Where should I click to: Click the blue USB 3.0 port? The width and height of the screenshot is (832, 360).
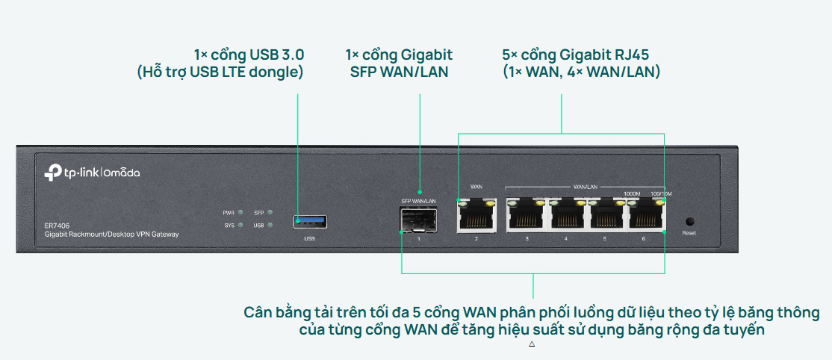(x=310, y=221)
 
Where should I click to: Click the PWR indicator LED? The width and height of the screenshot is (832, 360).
(x=240, y=213)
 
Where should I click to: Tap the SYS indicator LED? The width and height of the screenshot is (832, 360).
(x=240, y=225)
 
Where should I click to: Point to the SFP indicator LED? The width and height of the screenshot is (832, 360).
(x=270, y=213)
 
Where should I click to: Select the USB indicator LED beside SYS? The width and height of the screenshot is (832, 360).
(x=270, y=225)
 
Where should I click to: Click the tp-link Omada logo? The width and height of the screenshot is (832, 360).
(x=92, y=173)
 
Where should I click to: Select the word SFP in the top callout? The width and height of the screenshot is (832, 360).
(x=363, y=72)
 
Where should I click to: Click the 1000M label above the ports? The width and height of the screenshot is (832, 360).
(x=632, y=193)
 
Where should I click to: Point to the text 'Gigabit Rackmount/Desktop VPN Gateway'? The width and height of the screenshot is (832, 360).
(x=111, y=235)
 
